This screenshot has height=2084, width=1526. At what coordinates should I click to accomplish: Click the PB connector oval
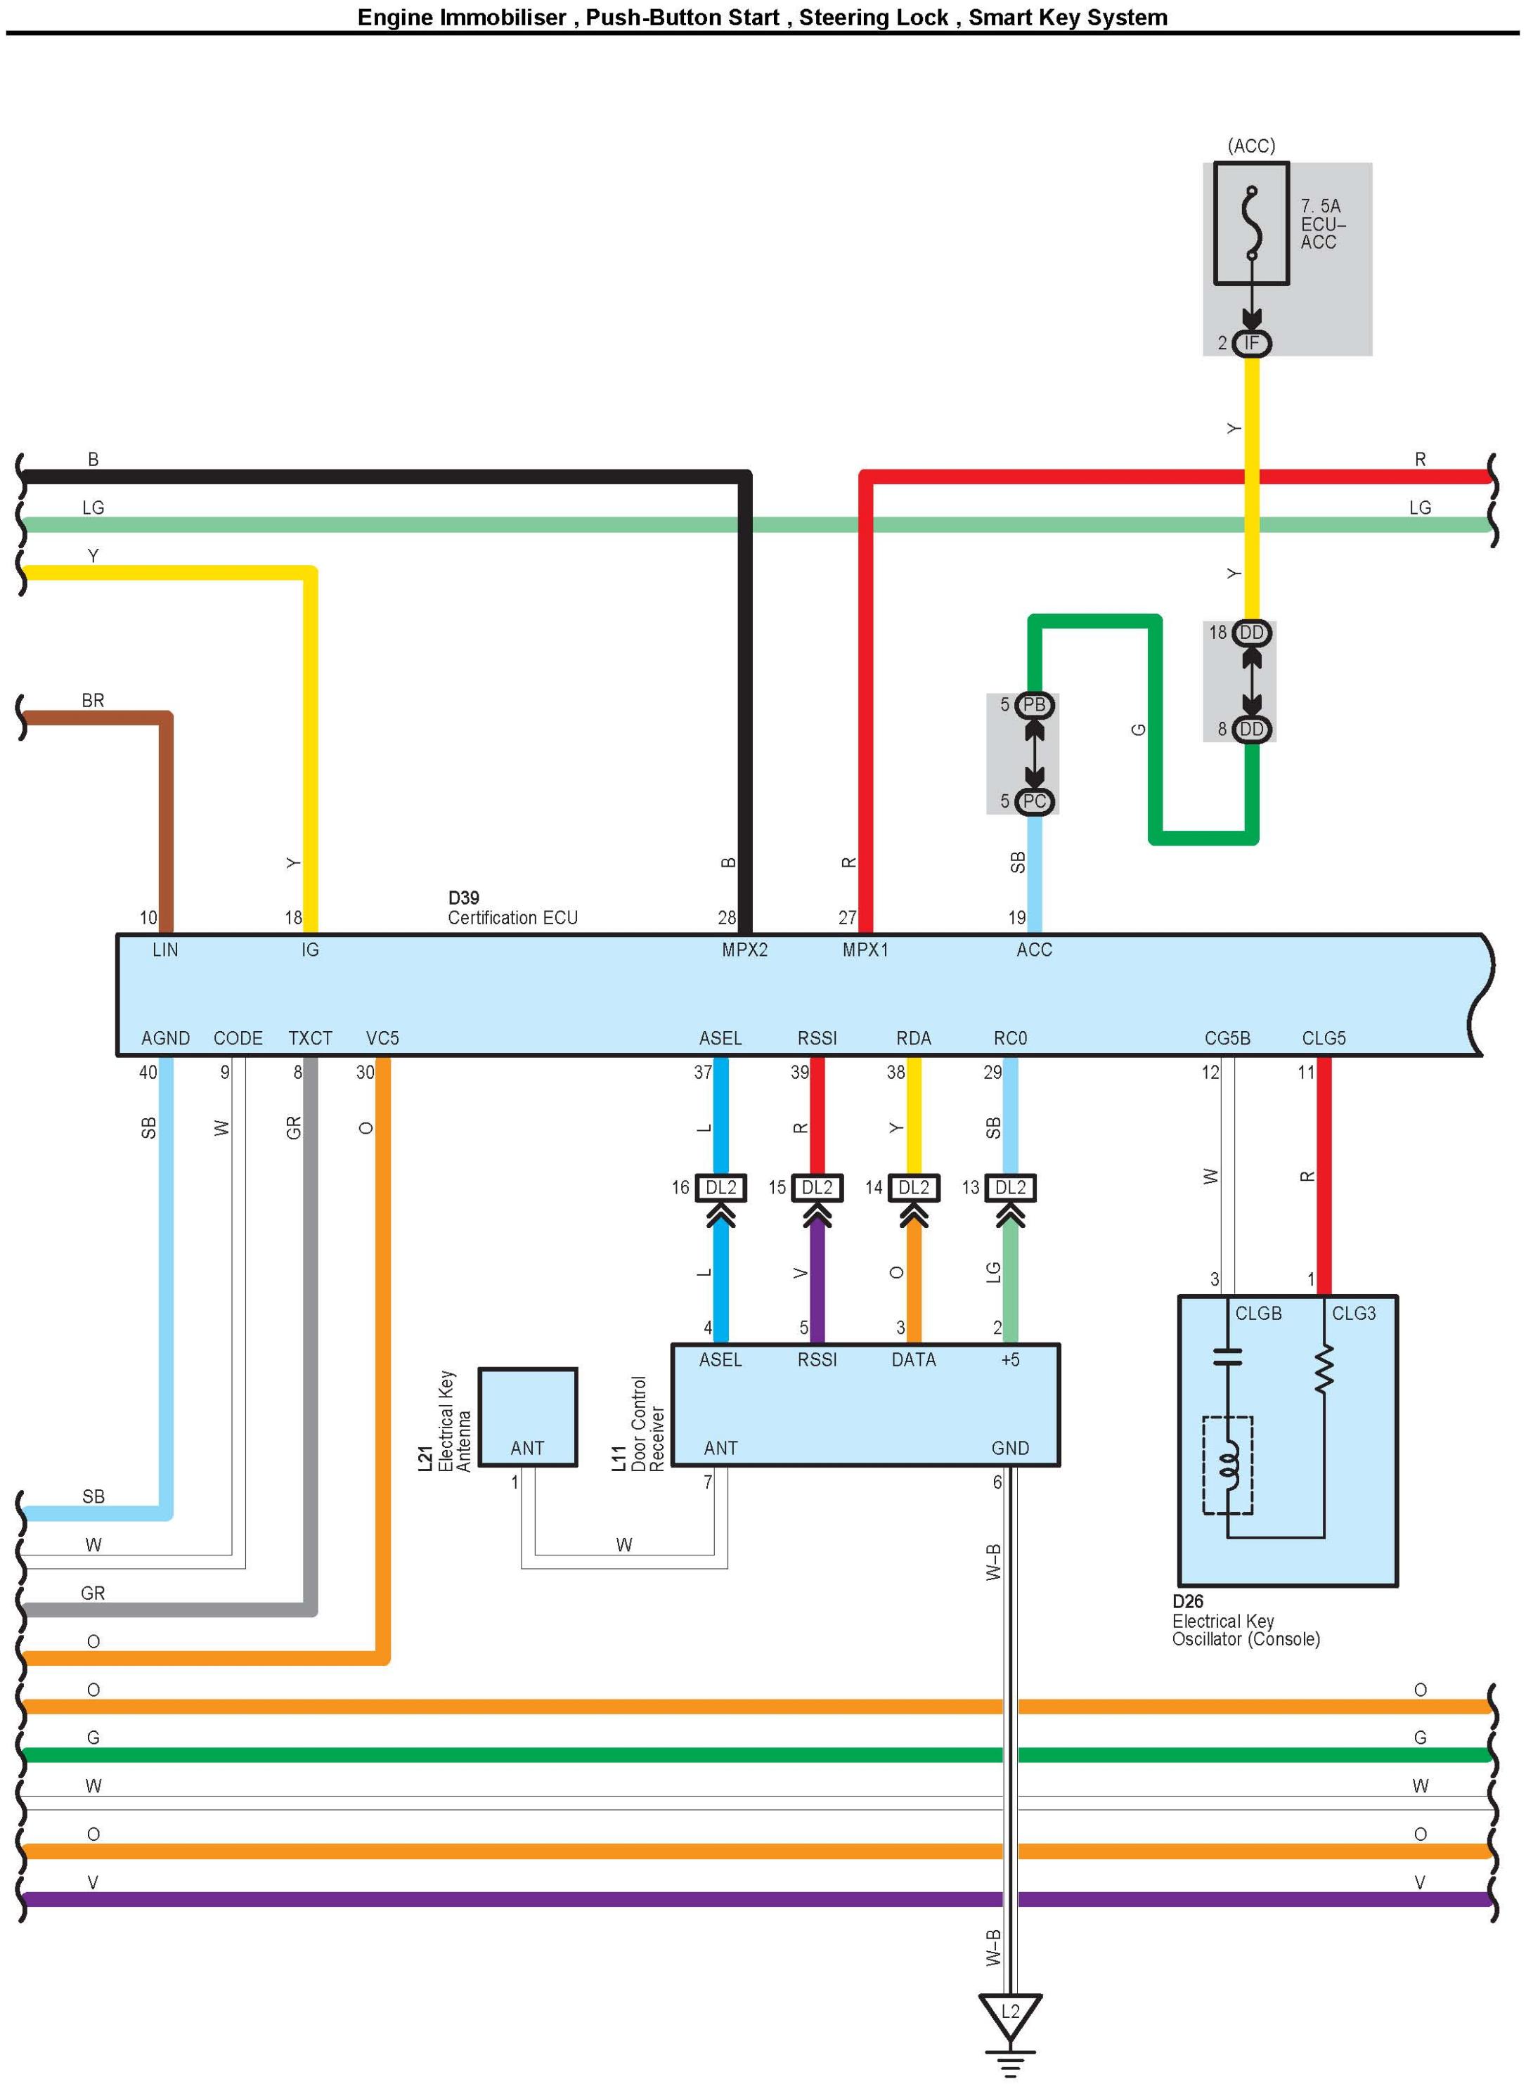tap(1034, 705)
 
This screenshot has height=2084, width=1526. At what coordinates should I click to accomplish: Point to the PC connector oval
tap(1034, 801)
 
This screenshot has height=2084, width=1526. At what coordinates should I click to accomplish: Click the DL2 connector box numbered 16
tap(720, 1187)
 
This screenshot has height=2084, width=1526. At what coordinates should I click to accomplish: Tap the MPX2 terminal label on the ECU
tap(744, 950)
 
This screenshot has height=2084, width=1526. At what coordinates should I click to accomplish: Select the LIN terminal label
tap(165, 950)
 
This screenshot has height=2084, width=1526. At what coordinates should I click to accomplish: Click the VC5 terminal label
tap(382, 1038)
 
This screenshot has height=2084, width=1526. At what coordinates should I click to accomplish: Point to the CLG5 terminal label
tap(1323, 1038)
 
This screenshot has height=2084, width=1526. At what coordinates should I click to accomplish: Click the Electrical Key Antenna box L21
tap(527, 1416)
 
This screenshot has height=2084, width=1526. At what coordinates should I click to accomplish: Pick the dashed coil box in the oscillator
tap(1228, 1464)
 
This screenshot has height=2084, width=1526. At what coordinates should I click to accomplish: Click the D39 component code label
tap(464, 898)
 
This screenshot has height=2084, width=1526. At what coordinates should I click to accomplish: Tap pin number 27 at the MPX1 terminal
tap(847, 917)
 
